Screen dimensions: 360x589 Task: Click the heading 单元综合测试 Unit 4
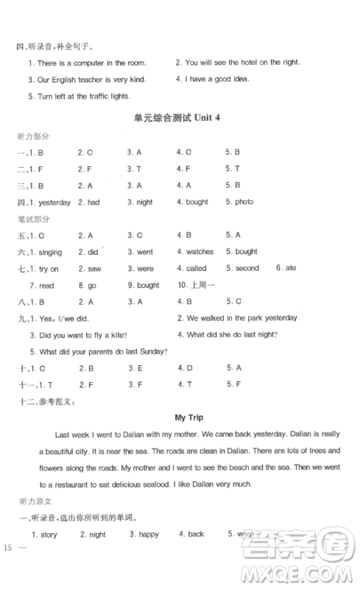click(x=179, y=120)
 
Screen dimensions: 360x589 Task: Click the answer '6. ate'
click(x=286, y=269)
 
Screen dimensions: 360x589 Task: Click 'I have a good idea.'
click(x=217, y=80)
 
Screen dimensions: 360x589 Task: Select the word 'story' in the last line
click(x=48, y=534)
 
